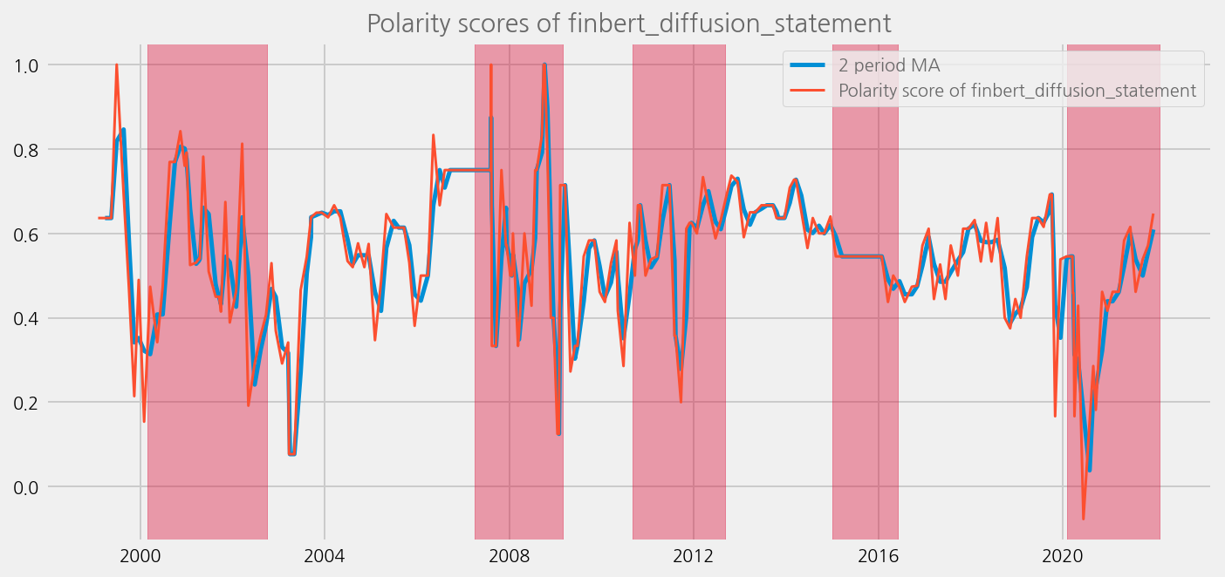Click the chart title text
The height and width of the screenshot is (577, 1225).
click(x=628, y=24)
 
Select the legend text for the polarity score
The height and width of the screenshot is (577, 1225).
click(x=1016, y=90)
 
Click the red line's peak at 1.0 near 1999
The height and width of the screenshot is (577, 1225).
click(x=116, y=65)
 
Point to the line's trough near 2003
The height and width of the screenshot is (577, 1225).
click(x=292, y=453)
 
